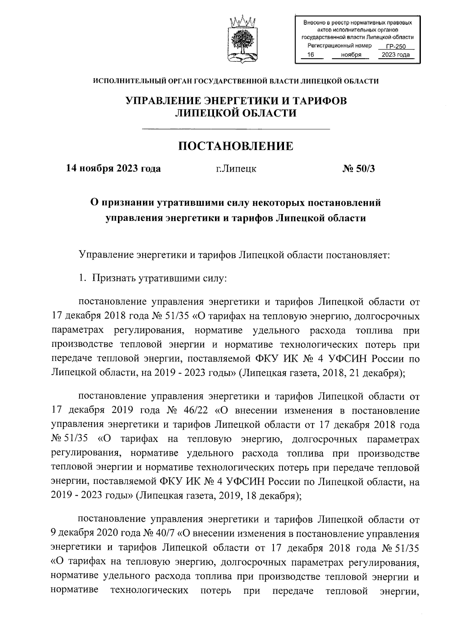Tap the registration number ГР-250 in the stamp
click(x=395, y=47)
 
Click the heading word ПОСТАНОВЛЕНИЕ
click(x=236, y=146)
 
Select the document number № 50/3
click(x=358, y=169)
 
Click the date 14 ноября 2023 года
click(x=113, y=169)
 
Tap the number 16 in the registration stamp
click(x=311, y=55)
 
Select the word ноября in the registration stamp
click(x=351, y=55)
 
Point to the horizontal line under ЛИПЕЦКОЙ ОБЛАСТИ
click(x=236, y=130)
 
